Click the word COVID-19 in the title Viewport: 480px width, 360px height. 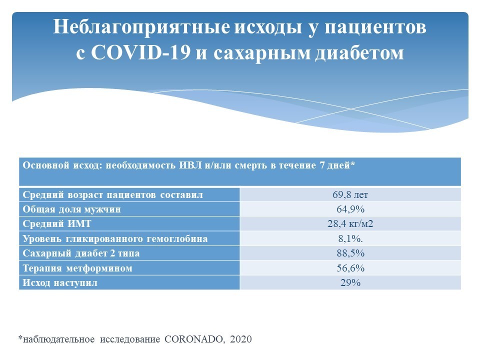coord(140,52)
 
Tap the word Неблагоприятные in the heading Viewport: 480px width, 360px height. coord(141,27)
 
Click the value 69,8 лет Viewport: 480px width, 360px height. coord(350,194)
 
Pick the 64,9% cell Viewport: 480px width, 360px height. coord(350,209)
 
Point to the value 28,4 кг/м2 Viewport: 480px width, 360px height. coord(350,224)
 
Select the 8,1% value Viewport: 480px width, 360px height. coord(350,238)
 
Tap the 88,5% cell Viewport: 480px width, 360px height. coord(350,253)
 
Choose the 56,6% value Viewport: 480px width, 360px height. coord(350,268)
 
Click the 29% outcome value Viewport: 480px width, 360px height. coord(350,282)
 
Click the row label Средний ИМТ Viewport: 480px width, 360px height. coord(57,224)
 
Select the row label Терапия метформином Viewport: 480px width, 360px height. coord(77,268)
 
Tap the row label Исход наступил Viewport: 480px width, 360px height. coord(60,283)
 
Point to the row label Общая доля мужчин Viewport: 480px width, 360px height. coord(71,209)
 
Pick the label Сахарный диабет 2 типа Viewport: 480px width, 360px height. coord(81,253)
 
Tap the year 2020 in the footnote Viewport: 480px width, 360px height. coord(241,339)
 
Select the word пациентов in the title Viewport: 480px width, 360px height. coord(375,27)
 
